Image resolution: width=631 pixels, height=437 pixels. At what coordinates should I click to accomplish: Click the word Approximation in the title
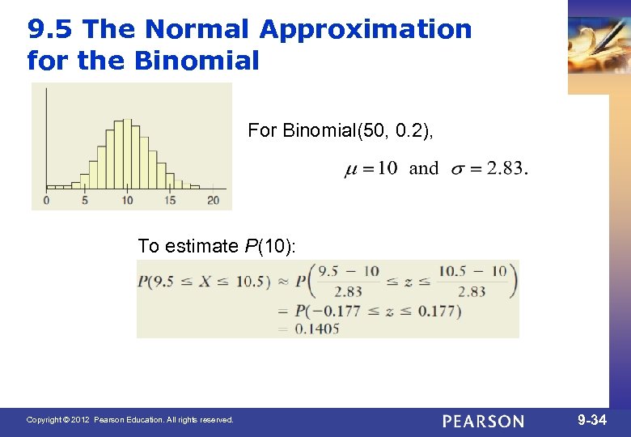point(366,29)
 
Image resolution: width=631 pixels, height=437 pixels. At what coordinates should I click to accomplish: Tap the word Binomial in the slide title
point(200,60)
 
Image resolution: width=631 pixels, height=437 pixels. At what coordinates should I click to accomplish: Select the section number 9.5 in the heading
point(51,29)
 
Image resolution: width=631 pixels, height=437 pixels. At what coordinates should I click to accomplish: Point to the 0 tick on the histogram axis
point(46,200)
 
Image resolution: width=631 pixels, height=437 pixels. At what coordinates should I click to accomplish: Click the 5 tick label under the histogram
point(85,200)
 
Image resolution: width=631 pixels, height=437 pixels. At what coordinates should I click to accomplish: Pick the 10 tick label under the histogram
point(127,200)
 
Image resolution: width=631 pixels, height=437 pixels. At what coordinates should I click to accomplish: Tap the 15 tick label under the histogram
point(170,200)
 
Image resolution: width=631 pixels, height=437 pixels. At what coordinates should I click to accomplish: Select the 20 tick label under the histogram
point(213,200)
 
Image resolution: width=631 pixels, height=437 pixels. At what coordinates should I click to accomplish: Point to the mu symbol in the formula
point(351,169)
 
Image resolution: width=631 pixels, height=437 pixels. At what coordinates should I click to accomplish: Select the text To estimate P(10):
point(217,246)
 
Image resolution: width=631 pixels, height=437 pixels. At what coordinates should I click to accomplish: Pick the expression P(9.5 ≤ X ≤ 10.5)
point(204,282)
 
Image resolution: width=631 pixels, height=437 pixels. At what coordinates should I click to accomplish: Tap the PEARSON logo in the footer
point(483,421)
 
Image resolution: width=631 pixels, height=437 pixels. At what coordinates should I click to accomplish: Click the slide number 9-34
point(592,420)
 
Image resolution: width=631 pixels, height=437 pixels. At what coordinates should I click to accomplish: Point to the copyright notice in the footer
point(129,420)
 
